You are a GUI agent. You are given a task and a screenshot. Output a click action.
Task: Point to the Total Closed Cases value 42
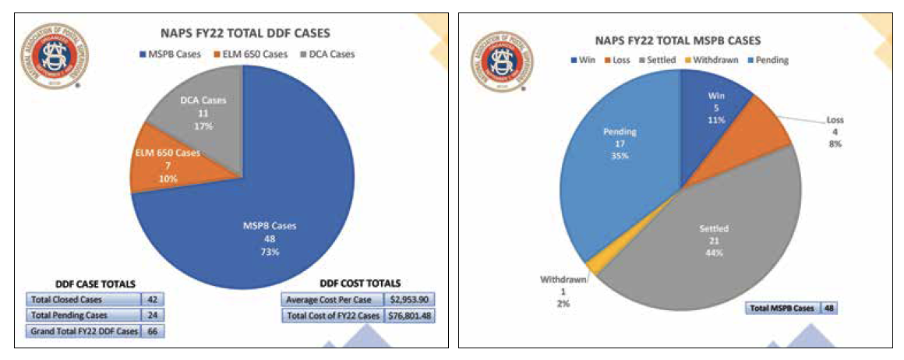tap(152, 299)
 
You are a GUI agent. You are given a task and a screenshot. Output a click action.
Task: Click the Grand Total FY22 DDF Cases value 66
tap(152, 332)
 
